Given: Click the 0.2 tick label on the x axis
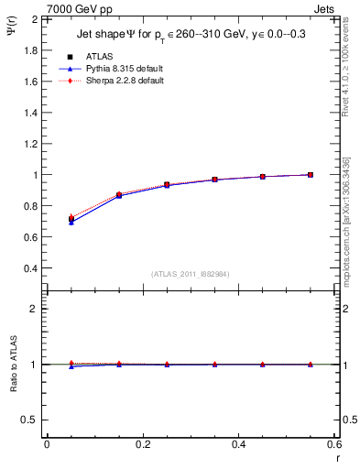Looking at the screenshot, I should [x=142, y=444].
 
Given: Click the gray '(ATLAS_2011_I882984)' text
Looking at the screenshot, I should [x=191, y=273].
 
